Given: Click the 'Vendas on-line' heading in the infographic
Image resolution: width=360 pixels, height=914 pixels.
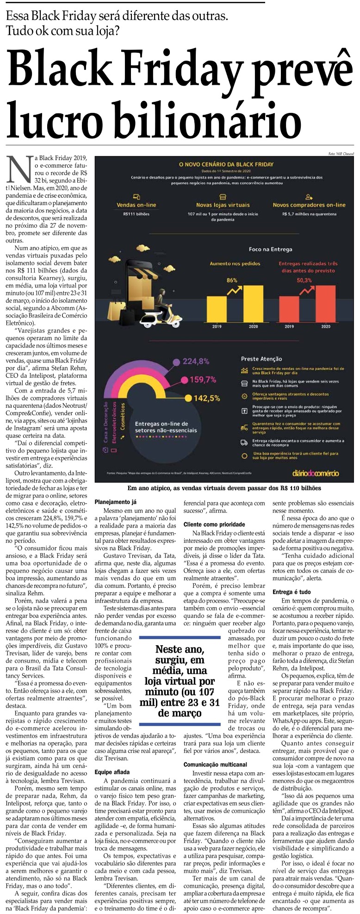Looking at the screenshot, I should [x=137, y=205].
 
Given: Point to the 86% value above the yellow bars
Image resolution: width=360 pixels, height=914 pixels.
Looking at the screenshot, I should [x=232, y=280].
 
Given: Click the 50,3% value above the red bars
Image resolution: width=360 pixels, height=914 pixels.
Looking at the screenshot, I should [x=304, y=280].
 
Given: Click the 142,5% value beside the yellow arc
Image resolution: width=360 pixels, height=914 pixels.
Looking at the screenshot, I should [x=206, y=398].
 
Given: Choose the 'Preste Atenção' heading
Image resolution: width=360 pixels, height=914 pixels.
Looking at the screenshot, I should [x=261, y=359].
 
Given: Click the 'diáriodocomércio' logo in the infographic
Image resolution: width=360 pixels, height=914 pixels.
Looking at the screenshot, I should [x=315, y=473].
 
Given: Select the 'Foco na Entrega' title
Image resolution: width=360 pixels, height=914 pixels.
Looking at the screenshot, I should [x=270, y=249].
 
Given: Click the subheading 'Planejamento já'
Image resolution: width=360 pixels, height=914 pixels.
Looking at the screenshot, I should [x=116, y=502].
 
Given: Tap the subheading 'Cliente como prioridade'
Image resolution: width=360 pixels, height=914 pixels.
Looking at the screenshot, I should [x=214, y=524].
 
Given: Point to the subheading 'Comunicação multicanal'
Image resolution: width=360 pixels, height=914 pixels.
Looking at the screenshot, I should [x=215, y=765].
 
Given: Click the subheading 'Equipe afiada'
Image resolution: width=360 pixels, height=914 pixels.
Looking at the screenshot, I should [x=112, y=772].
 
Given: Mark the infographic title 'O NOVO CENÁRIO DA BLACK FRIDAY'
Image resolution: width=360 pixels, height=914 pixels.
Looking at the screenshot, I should [x=226, y=164].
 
